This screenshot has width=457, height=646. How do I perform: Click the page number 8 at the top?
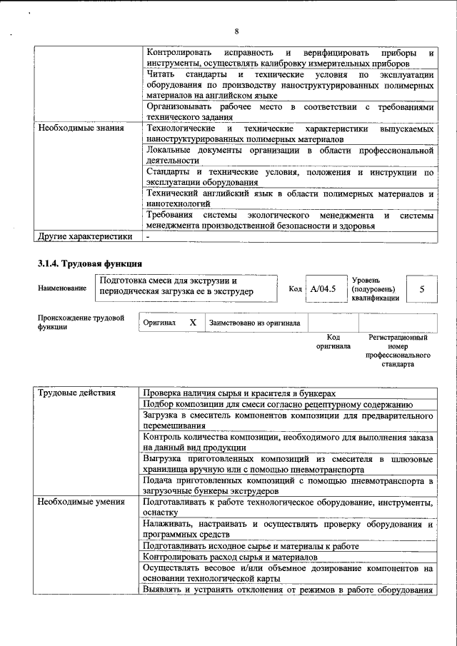point(236,30)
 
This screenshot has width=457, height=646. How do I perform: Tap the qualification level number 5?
point(421,289)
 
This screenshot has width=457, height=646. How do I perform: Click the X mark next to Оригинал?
point(193,323)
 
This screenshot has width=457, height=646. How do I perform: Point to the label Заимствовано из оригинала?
point(254,323)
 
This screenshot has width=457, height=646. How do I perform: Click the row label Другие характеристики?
point(85,237)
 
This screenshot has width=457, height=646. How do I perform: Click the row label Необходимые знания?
point(80,128)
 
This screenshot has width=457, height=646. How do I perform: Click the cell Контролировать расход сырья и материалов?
point(230,557)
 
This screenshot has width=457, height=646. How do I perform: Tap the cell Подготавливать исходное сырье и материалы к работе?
point(251,546)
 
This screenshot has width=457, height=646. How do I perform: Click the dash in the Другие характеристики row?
point(148,237)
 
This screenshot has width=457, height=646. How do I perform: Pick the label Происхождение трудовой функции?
point(81,322)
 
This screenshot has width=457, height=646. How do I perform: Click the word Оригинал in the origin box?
point(159,323)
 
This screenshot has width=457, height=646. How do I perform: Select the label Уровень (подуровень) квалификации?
point(374,289)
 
